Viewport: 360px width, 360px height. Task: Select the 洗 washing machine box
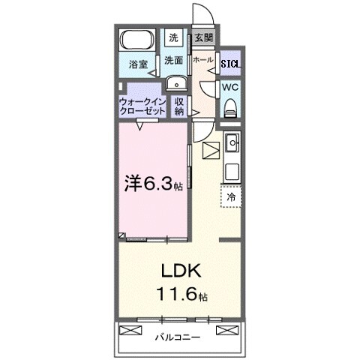[174, 37]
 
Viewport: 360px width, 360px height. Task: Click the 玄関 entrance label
[202, 37]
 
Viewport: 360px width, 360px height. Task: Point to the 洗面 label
[175, 60]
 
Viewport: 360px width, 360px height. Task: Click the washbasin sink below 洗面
[175, 82]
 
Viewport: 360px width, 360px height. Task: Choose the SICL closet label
[230, 64]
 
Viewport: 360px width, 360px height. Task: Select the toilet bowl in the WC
[230, 108]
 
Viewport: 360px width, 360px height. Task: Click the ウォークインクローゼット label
[142, 106]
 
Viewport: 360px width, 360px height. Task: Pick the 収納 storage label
[180, 106]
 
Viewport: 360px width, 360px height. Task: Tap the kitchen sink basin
[232, 141]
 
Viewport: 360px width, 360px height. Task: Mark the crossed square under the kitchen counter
[210, 149]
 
